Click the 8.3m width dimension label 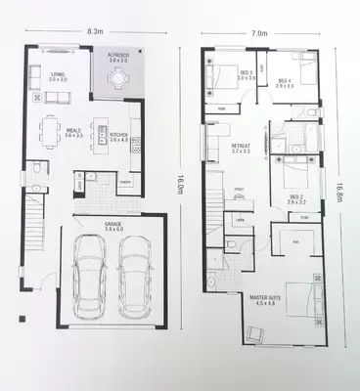pyautogui.click(x=95, y=31)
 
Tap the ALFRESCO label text pyautogui.click(x=117, y=57)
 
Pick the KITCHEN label pyautogui.click(x=118, y=138)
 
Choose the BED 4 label pyautogui.click(x=285, y=83)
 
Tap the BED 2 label pyautogui.click(x=297, y=199)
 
